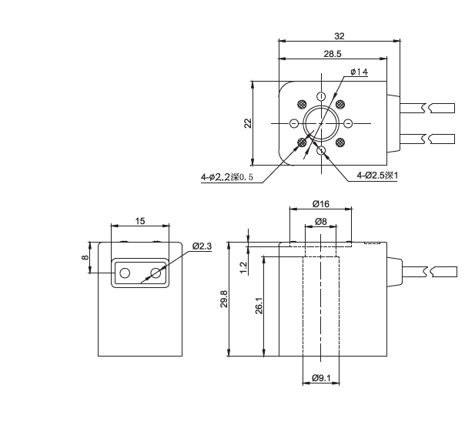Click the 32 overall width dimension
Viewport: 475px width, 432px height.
pyautogui.click(x=340, y=35)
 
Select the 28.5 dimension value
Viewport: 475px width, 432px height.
pyautogui.click(x=333, y=54)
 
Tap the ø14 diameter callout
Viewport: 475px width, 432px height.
pyautogui.click(x=359, y=72)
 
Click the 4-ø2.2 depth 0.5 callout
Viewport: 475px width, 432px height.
pyautogui.click(x=226, y=178)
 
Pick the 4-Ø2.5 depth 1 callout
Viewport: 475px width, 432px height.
pyautogui.click(x=376, y=176)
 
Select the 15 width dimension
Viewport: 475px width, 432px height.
pyautogui.click(x=140, y=221)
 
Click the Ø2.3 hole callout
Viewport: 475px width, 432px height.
pyautogui.click(x=202, y=246)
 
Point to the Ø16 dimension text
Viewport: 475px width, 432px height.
pyautogui.click(x=320, y=203)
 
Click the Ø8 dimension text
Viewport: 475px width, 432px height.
pyautogui.click(x=320, y=222)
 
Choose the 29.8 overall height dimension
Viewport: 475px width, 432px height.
pyautogui.click(x=224, y=300)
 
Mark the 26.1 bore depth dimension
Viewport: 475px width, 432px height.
pyautogui.click(x=259, y=306)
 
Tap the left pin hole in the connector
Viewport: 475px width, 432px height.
pyautogui.click(x=124, y=272)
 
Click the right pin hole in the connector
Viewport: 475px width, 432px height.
pyautogui.click(x=156, y=272)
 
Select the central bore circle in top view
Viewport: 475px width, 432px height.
pyautogui.click(x=319, y=123)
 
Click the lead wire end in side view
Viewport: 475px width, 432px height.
pyautogui.click(x=445, y=271)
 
